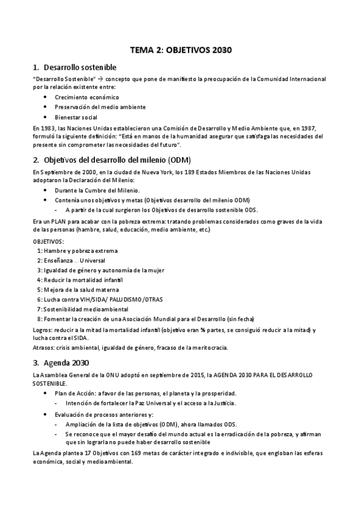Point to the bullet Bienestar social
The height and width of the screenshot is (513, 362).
76,117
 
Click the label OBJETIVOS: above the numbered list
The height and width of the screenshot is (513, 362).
49,241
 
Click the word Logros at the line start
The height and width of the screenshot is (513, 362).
42,329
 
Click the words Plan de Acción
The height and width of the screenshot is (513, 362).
73,393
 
